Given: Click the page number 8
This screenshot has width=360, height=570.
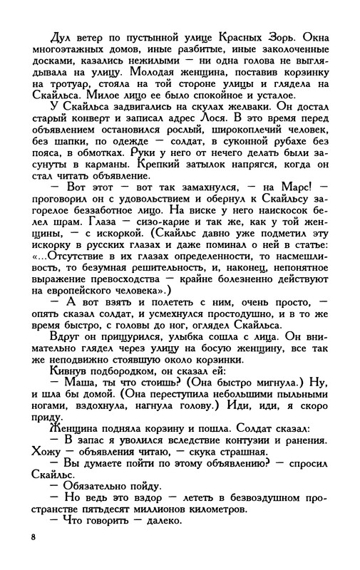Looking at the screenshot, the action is point(33,535).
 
